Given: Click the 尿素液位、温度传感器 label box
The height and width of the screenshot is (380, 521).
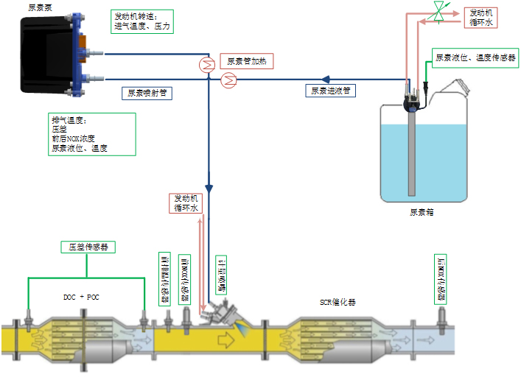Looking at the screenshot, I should tap(475, 57).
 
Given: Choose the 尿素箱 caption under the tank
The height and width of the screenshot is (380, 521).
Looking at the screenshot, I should tap(422, 212).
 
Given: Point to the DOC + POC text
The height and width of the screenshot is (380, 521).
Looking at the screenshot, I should tap(82, 298).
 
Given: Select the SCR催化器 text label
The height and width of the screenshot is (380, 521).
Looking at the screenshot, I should tap(338, 303).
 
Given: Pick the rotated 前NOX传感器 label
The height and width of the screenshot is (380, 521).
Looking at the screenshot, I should tap(184, 281).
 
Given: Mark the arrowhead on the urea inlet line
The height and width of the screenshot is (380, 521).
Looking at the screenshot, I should tap(326, 77).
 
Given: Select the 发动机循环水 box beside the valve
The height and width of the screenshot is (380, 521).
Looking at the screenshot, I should tap(482, 18).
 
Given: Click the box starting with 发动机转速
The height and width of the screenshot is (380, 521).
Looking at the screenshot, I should tap(144, 21).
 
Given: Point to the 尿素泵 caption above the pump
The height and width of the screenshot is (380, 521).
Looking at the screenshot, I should tap(38, 7).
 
